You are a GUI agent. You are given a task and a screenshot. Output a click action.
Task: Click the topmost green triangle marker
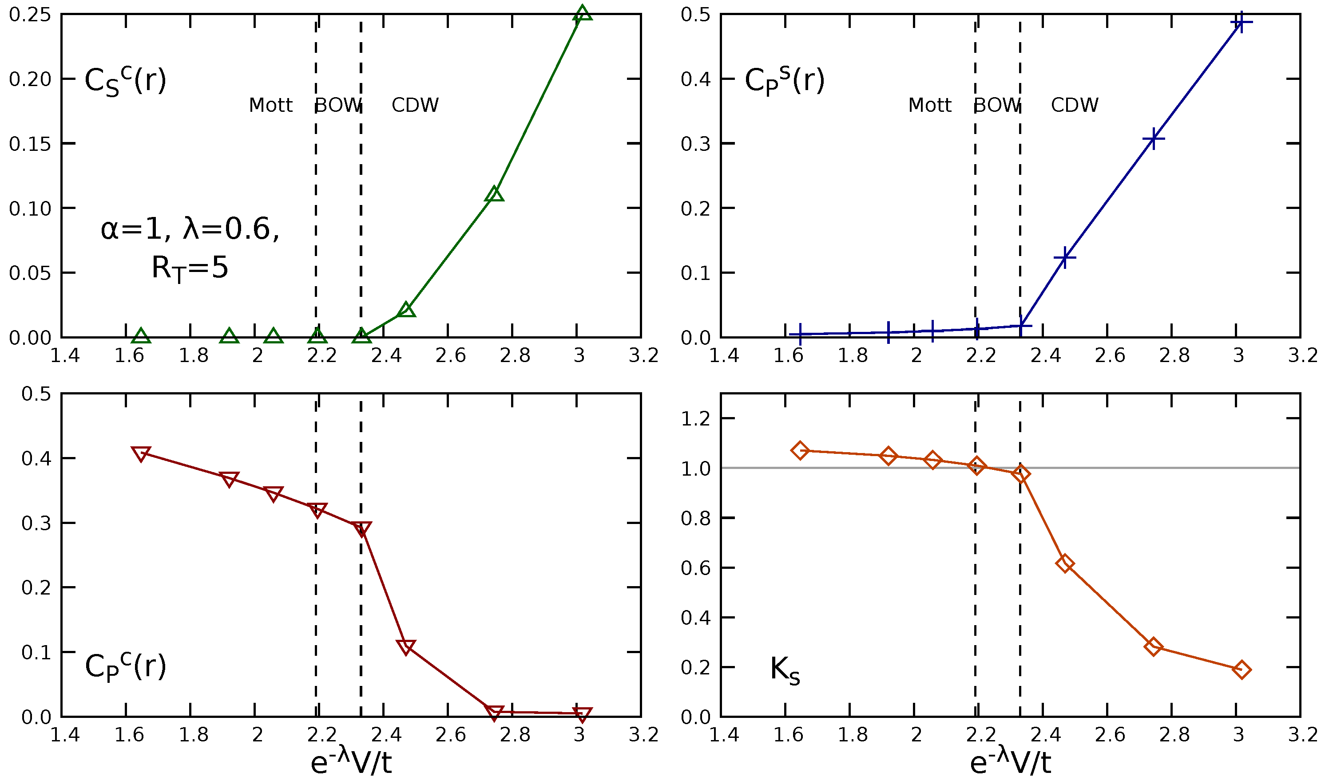(582, 14)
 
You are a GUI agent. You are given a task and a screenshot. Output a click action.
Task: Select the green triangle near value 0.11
(494, 195)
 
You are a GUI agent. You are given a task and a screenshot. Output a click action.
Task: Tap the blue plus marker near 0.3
(1153, 139)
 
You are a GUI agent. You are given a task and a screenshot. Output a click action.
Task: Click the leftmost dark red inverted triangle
(141, 453)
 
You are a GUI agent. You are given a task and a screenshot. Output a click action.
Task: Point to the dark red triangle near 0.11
(406, 646)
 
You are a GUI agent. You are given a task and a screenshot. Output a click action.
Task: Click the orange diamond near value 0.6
(1065, 563)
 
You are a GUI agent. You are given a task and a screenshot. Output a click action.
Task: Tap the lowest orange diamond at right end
(1242, 670)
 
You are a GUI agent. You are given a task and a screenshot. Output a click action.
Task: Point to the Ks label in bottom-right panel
(785, 670)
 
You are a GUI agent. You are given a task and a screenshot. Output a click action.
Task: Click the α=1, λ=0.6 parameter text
(190, 229)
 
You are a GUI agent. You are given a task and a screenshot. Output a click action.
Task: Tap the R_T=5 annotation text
(190, 268)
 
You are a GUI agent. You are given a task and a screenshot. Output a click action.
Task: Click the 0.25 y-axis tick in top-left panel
(30, 15)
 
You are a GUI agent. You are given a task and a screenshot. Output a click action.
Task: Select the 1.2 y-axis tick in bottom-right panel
(695, 419)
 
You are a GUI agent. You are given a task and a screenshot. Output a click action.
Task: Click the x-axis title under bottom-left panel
(351, 763)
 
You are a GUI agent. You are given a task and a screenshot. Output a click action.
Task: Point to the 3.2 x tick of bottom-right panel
(1302, 735)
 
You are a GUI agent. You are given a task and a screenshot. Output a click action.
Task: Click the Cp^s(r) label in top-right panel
(785, 81)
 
